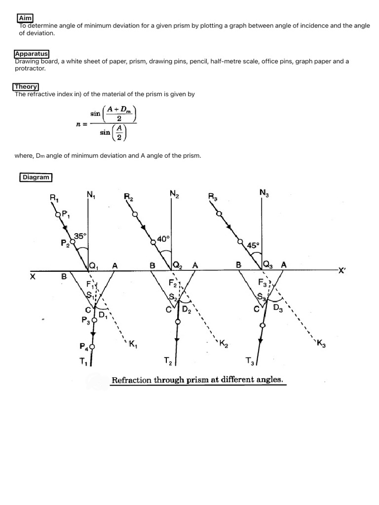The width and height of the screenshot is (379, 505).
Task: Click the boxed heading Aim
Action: [25, 18]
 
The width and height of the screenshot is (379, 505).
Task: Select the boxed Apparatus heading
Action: [32, 54]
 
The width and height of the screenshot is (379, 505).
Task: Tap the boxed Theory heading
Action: [26, 87]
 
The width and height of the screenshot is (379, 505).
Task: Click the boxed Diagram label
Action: [36, 177]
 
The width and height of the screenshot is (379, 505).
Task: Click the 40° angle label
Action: [163, 239]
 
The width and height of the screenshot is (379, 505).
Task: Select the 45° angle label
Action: [252, 245]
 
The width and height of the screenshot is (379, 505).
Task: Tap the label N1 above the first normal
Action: [91, 195]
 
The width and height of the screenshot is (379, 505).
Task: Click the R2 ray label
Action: [129, 197]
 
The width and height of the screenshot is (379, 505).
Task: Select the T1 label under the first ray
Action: [82, 361]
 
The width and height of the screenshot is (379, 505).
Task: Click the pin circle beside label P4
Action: [92, 347]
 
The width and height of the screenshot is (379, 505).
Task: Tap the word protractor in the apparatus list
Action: [30, 69]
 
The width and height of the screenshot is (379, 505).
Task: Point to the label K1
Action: [132, 344]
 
